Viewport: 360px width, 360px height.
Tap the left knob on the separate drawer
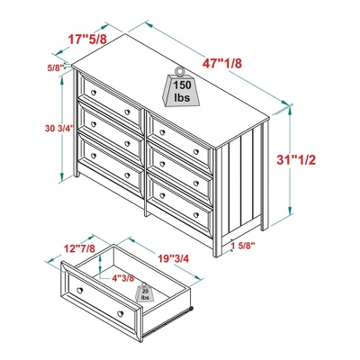coord(77,293)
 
